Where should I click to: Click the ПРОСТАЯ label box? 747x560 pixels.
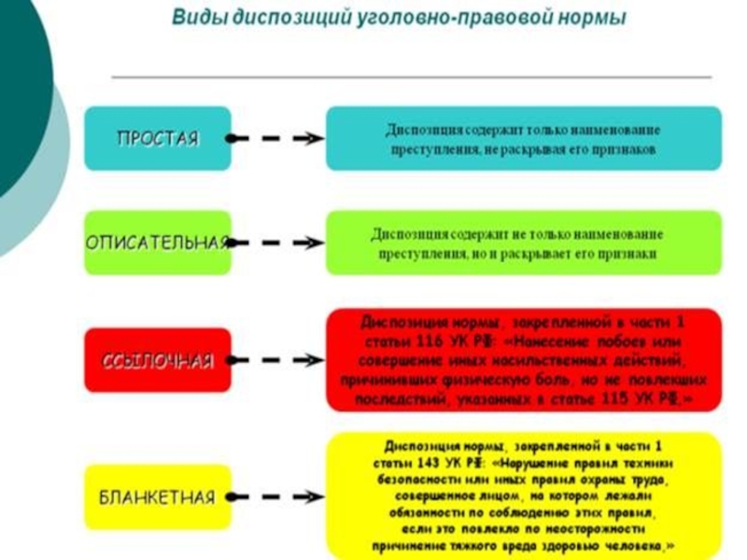[157, 138]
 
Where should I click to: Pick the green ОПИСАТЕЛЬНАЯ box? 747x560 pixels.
[157, 242]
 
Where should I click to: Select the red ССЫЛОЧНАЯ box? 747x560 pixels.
[157, 360]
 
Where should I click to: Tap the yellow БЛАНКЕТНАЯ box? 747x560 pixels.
[157, 496]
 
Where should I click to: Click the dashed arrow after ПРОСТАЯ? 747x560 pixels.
[276, 138]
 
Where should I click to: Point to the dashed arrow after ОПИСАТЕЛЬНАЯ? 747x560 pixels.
[276, 242]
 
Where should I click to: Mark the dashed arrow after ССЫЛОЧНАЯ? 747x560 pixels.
[276, 360]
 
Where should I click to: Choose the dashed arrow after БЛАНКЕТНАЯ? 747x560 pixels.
[276, 496]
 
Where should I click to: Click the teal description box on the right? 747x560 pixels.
[523, 138]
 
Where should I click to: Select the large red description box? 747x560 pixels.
[523, 360]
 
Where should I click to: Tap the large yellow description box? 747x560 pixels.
[523, 496]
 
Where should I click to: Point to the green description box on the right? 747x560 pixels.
[523, 242]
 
